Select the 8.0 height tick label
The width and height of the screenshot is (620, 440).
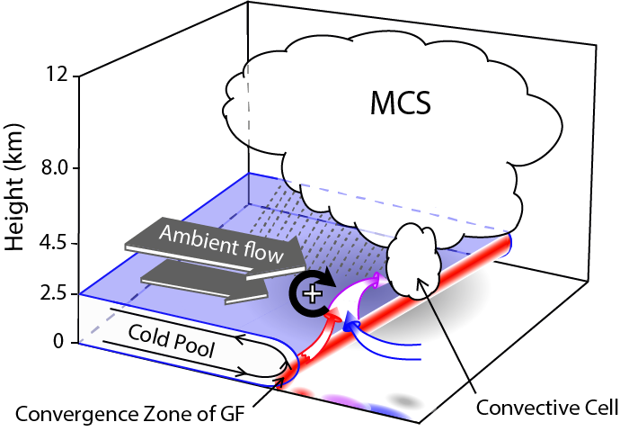coord(49,168)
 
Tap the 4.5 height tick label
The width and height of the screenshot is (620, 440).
coord(49,243)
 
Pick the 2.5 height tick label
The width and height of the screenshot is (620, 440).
coord(49,293)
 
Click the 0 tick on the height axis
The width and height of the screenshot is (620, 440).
coord(59,342)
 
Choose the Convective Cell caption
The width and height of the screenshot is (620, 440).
coord(547,408)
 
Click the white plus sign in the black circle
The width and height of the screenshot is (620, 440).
coord(311,292)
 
